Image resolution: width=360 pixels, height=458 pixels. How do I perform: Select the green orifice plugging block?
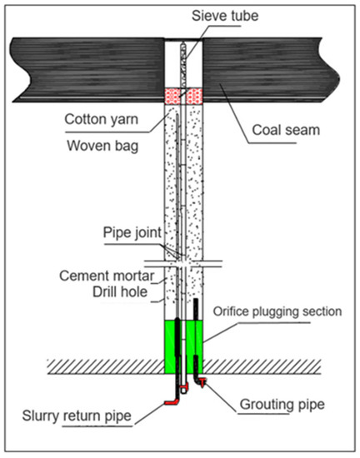pos(184,346)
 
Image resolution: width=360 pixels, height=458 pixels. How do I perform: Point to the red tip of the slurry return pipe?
pos(172,402)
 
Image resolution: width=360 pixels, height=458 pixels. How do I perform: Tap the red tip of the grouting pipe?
pos(204,382)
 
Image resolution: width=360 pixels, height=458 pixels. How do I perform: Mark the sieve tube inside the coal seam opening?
pos(184,62)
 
